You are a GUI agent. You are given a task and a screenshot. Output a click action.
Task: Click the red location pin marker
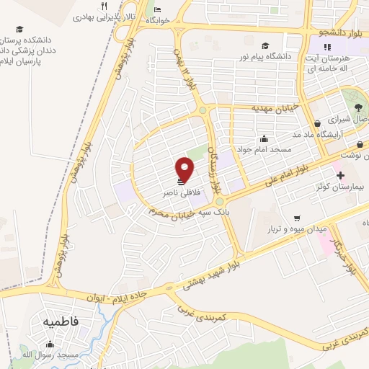click(185, 169)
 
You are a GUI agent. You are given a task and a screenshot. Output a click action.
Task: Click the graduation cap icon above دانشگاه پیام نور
click(265, 45)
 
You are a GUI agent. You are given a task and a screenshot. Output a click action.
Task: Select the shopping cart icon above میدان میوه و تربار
click(296, 218)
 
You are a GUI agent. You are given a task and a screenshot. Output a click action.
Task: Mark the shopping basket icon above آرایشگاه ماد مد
click(318, 123)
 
